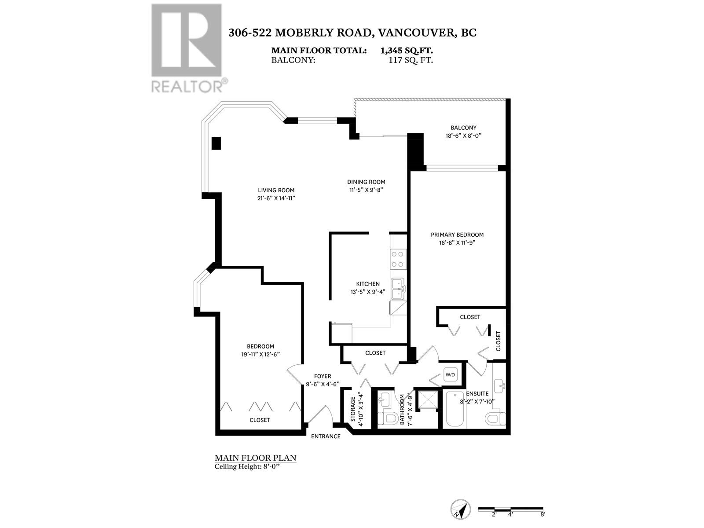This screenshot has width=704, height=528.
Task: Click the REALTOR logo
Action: click(x=187, y=48)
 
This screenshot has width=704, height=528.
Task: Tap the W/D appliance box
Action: click(x=451, y=375)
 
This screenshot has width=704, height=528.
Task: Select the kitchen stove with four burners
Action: click(x=398, y=259)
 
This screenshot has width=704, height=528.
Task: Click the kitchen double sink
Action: click(x=398, y=289)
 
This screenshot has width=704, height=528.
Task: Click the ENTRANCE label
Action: click(x=326, y=436)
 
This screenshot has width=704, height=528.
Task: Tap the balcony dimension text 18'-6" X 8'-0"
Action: click(x=463, y=136)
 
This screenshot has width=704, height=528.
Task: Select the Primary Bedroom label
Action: click(x=457, y=235)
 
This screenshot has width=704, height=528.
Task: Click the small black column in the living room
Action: click(x=216, y=143)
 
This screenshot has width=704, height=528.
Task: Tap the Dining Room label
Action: click(x=366, y=182)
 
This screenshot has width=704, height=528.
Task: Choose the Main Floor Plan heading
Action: click(x=255, y=458)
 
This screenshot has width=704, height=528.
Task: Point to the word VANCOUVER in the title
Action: click(x=414, y=33)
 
